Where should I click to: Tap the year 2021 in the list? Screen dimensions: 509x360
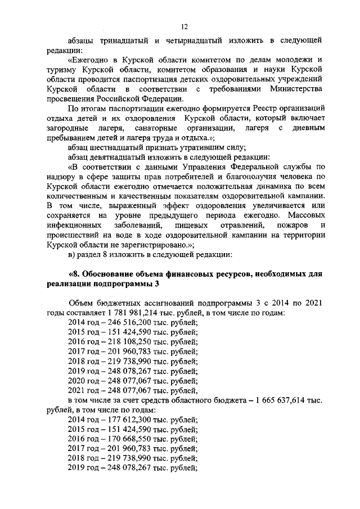coord(76,389)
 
